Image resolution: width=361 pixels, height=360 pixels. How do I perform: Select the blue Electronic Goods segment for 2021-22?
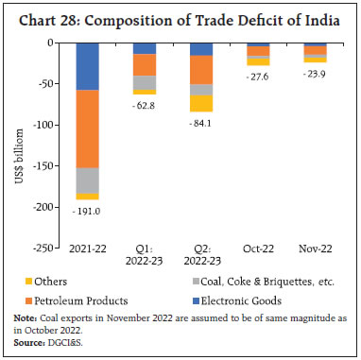[x=88, y=66]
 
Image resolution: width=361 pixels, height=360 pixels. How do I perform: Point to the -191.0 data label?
[x=88, y=211]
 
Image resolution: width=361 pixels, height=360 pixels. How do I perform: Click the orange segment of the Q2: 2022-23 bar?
[x=200, y=70]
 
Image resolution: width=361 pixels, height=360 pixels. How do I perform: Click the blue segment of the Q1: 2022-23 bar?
[x=145, y=48]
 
